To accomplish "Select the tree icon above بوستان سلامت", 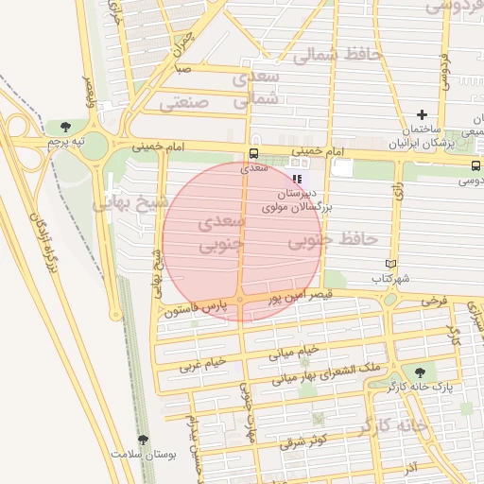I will point(143,439).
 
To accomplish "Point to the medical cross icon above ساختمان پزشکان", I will point(422,114).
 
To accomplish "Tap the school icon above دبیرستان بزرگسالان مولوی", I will point(296,178).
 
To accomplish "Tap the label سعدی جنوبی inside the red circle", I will point(223,234).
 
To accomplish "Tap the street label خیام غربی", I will point(204,363).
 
